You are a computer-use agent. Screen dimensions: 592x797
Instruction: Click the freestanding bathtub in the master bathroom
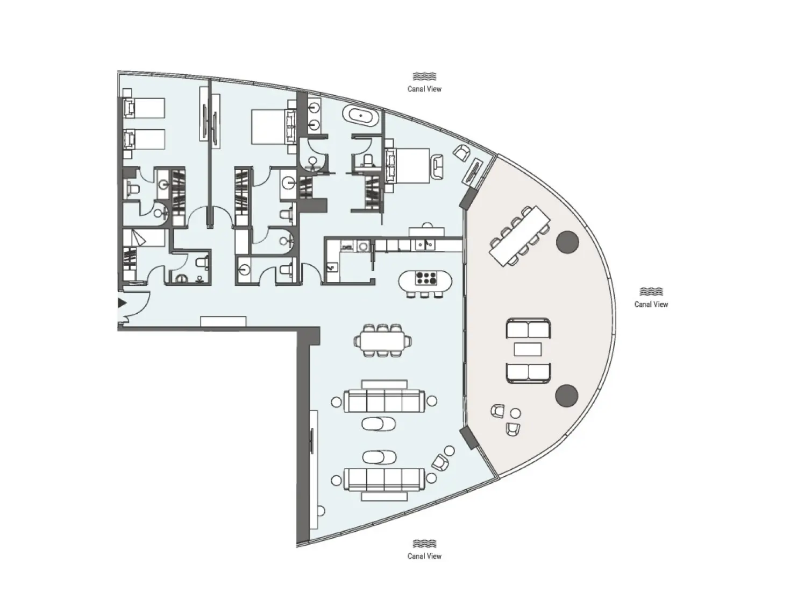(x=362, y=116)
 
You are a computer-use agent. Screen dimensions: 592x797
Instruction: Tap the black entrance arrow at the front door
(x=122, y=303)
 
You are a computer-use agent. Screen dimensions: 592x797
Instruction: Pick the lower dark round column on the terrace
(x=567, y=396)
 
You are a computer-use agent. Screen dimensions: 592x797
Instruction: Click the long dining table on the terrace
(x=520, y=236)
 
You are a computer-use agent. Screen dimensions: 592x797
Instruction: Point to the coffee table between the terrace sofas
(x=528, y=350)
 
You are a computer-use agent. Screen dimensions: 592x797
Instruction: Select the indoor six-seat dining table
(x=382, y=341)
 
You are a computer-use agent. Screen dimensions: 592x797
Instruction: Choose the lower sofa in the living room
(x=384, y=478)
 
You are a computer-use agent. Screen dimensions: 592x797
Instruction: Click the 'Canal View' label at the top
(x=424, y=89)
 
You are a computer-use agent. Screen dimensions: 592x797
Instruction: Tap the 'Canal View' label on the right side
(x=651, y=305)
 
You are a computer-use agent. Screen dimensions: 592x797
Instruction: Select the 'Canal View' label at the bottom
(x=424, y=556)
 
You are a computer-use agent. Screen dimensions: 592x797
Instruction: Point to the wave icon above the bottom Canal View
(x=424, y=544)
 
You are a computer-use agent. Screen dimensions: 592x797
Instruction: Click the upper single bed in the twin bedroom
(x=144, y=108)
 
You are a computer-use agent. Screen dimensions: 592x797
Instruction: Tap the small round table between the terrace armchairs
(x=515, y=413)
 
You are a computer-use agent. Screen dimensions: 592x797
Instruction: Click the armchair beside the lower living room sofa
(x=440, y=462)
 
